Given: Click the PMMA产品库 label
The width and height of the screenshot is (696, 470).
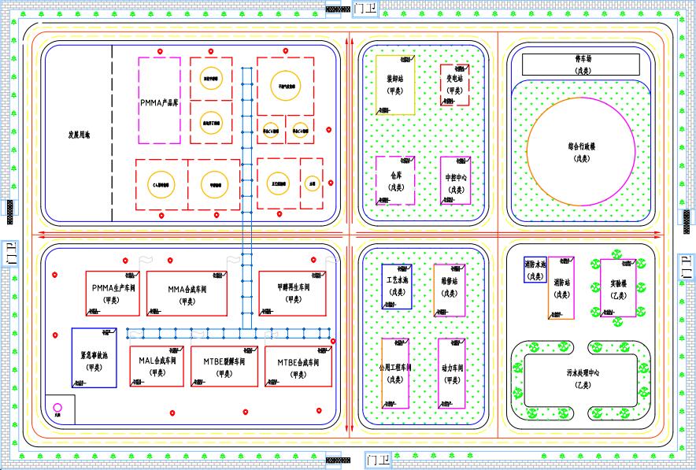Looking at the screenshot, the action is point(160,103).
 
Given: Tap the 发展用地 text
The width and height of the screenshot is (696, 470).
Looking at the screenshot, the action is point(79,135).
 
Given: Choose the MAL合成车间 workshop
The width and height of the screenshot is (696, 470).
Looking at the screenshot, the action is point(157,365).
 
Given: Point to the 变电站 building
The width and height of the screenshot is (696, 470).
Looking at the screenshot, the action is point(454,85).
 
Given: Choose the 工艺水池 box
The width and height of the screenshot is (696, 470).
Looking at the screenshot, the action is point(396,286).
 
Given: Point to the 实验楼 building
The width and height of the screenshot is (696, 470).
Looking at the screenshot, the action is point(618,287).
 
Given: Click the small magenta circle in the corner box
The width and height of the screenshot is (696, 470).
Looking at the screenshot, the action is point(57,408).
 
